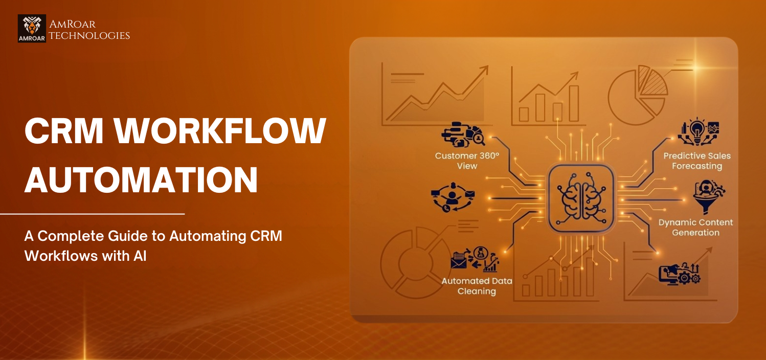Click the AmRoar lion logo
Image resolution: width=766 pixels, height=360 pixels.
pyautogui.click(x=32, y=28)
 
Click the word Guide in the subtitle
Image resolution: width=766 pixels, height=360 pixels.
pyautogui.click(x=139, y=236)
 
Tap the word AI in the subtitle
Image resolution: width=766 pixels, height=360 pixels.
pyautogui.click(x=140, y=256)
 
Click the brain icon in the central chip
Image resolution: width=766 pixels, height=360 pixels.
pyautogui.click(x=581, y=198)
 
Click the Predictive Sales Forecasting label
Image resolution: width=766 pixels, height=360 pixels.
pyautogui.click(x=697, y=161)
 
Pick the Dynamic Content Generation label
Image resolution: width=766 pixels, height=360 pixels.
pyautogui.click(x=695, y=228)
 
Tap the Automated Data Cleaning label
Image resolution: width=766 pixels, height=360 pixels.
pyautogui.click(x=477, y=286)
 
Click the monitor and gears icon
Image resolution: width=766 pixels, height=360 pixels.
pyautogui.click(x=680, y=274)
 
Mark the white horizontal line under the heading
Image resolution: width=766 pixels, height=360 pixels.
pyautogui.click(x=92, y=214)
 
